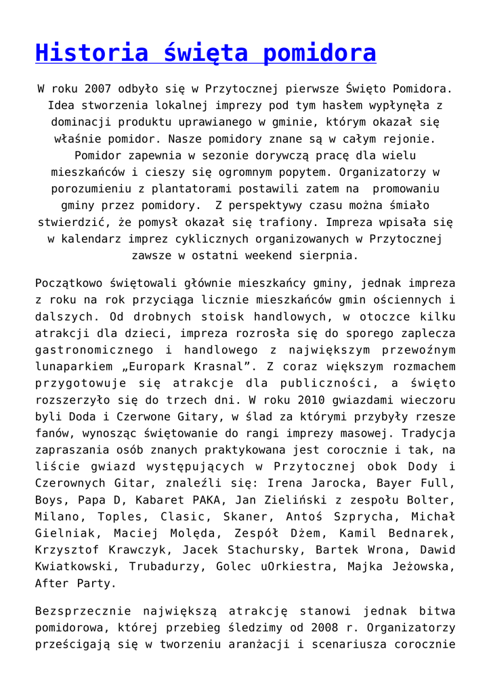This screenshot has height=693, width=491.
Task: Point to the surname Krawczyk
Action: point(136,548)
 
